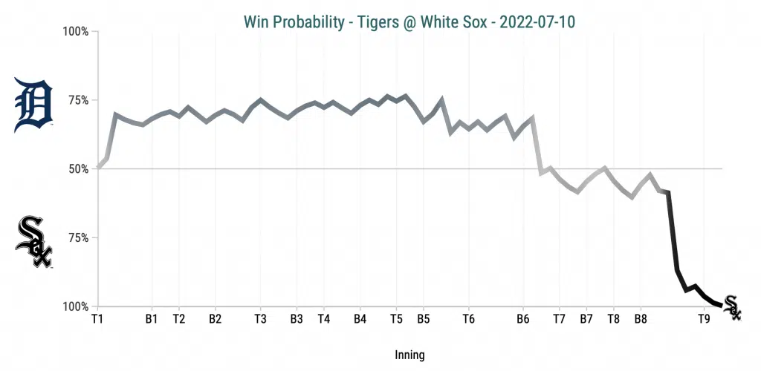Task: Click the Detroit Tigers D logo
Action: pyautogui.click(x=33, y=104)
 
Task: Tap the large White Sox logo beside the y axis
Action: pyautogui.click(x=34, y=242)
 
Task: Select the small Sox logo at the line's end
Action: pyautogui.click(x=732, y=307)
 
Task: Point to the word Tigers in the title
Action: pyautogui.click(x=363, y=22)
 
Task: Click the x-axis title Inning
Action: pyautogui.click(x=409, y=355)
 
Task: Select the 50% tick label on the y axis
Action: pyautogui.click(x=77, y=169)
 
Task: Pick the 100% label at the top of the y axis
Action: pyautogui.click(x=75, y=32)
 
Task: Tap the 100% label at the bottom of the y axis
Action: pyautogui.click(x=75, y=306)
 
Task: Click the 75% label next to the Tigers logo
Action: pyautogui.click(x=77, y=101)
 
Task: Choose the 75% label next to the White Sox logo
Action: pyautogui.click(x=77, y=238)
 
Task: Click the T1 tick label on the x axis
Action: pyautogui.click(x=97, y=319)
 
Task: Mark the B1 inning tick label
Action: pyautogui.click(x=152, y=319)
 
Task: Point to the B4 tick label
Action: pyautogui.click(x=360, y=319)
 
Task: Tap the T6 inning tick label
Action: pyautogui.click(x=468, y=319)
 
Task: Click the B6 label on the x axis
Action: pyautogui.click(x=522, y=319)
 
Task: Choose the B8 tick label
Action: pyautogui.click(x=641, y=319)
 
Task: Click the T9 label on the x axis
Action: pyautogui.click(x=704, y=319)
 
